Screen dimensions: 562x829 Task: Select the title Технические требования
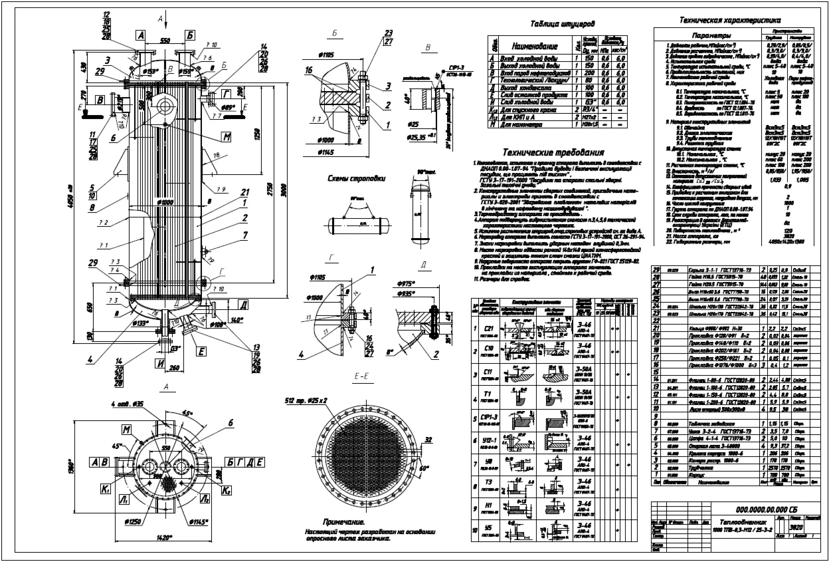tap(553, 152)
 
